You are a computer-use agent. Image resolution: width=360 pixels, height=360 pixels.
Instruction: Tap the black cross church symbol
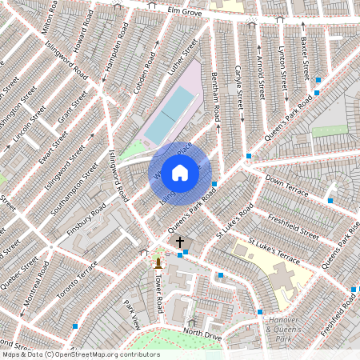pyautogui.click(x=180, y=241)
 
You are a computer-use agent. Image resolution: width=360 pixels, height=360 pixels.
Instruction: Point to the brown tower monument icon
pyautogui.click(x=158, y=262)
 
